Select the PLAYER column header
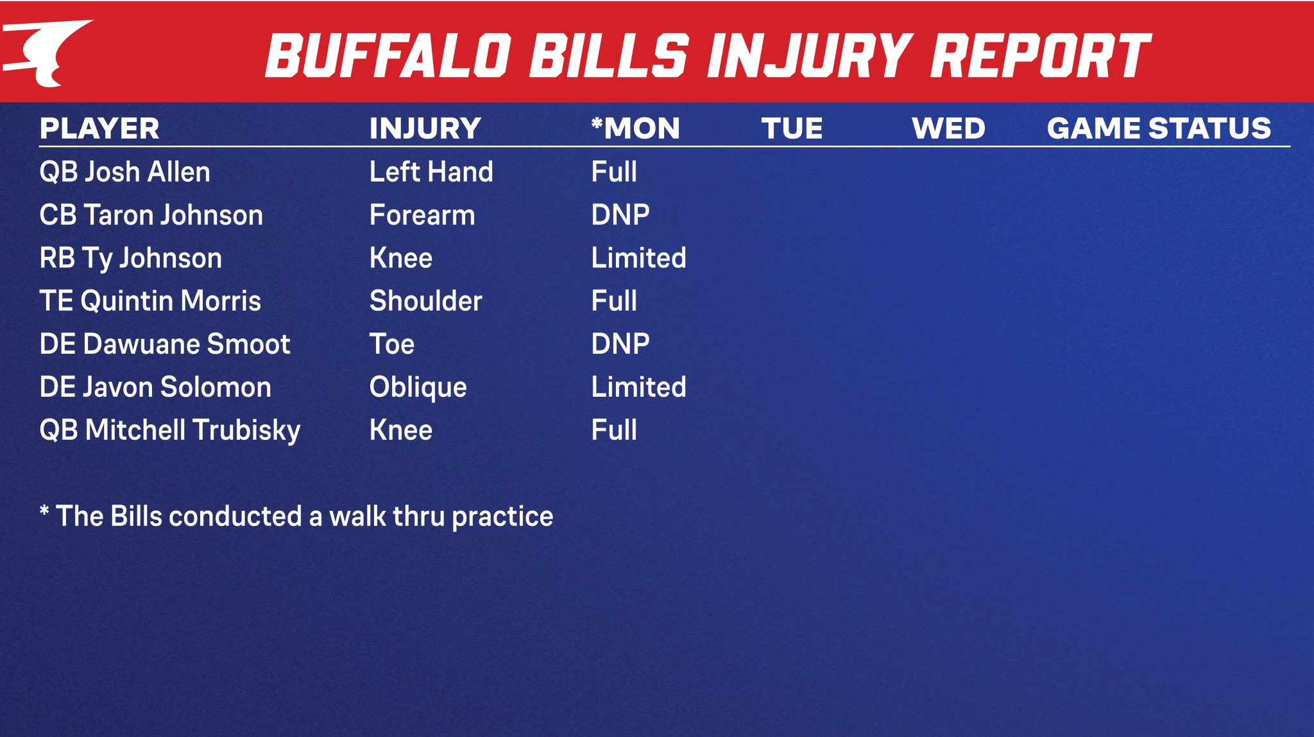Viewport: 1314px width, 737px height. (99, 128)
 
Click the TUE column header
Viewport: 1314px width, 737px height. (792, 128)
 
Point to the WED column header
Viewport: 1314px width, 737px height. (948, 128)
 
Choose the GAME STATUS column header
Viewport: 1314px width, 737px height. (1159, 128)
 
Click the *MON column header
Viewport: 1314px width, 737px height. (635, 128)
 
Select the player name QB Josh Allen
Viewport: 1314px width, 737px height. (125, 172)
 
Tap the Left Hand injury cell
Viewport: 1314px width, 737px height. (431, 172)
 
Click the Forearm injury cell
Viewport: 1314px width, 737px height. (422, 215)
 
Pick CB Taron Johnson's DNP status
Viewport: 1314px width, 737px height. (620, 215)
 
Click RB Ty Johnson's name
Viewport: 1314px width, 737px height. (131, 259)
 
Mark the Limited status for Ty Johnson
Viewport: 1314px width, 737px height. (639, 258)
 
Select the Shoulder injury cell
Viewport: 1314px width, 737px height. (426, 301)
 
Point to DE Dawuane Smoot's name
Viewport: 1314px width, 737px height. (165, 344)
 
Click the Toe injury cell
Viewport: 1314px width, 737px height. (392, 344)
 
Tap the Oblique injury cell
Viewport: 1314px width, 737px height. (418, 388)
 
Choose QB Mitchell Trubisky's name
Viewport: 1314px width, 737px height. (170, 431)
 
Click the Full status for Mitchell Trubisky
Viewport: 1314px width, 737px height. (614, 430)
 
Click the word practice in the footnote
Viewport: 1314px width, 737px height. (502, 517)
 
